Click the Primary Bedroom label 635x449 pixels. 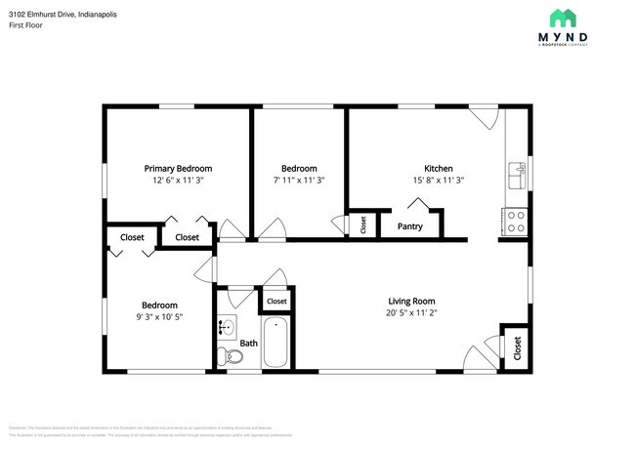coord(178,168)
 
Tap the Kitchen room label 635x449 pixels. coord(438,168)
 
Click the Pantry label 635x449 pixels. coord(410,226)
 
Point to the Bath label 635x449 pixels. coord(249,343)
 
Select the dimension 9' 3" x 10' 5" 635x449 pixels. coord(159,316)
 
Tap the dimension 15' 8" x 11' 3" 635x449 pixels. coord(438,181)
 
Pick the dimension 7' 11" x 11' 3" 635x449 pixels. coord(299,181)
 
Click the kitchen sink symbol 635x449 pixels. coord(517,176)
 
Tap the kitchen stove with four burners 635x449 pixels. coord(515,221)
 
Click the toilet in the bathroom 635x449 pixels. coord(233,358)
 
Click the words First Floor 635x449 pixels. coord(25,26)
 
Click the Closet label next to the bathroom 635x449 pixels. coord(276,302)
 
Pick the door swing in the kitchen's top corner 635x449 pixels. coord(483,119)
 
